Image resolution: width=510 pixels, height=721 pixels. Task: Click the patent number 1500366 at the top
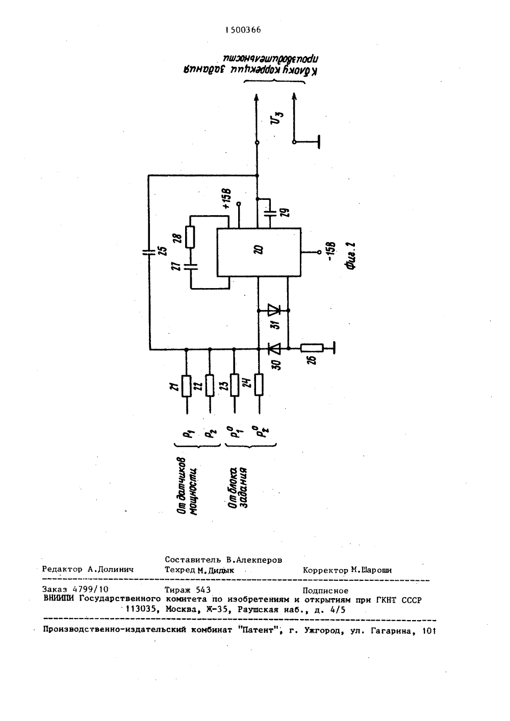[x=243, y=30]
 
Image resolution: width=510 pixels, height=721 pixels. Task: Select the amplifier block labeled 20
[x=259, y=252]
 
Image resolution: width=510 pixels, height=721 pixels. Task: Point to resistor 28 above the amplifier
[x=190, y=237]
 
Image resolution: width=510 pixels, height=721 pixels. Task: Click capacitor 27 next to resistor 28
[x=191, y=267]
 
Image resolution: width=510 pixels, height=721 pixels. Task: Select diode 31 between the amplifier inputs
[x=273, y=311]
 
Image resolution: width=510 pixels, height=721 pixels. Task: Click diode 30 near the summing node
[x=273, y=348]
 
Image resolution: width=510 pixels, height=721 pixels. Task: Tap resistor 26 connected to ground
[x=312, y=348]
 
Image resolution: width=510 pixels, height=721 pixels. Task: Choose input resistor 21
[x=187, y=386]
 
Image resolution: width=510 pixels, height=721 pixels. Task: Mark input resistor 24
[x=259, y=384]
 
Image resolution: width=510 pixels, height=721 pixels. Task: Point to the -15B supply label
[x=330, y=251]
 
